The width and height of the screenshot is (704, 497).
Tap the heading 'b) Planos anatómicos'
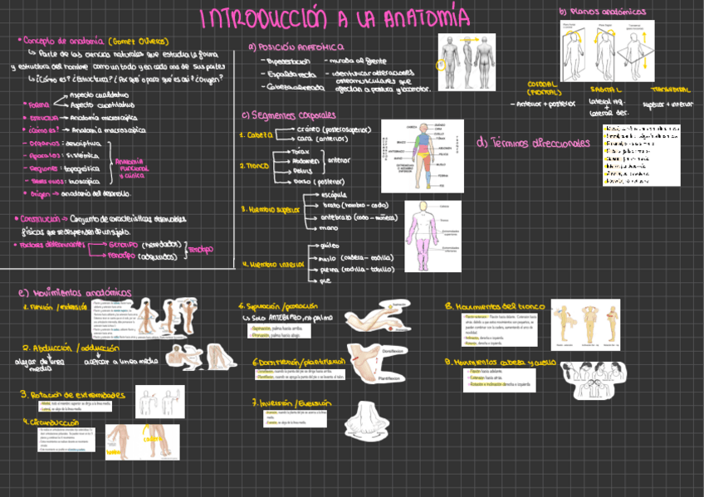coord(602,12)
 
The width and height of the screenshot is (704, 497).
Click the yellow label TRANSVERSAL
coord(671,88)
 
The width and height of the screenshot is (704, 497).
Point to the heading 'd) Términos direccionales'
coord(533,143)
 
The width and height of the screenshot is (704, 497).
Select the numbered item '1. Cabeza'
coord(254,134)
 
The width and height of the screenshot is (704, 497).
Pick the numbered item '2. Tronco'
coord(255,166)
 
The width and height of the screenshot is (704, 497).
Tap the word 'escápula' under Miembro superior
coord(336,194)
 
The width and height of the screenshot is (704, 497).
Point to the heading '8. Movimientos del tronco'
coord(492,305)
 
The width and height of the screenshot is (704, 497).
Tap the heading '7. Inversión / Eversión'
coord(288,402)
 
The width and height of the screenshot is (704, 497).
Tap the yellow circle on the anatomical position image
coord(442,63)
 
